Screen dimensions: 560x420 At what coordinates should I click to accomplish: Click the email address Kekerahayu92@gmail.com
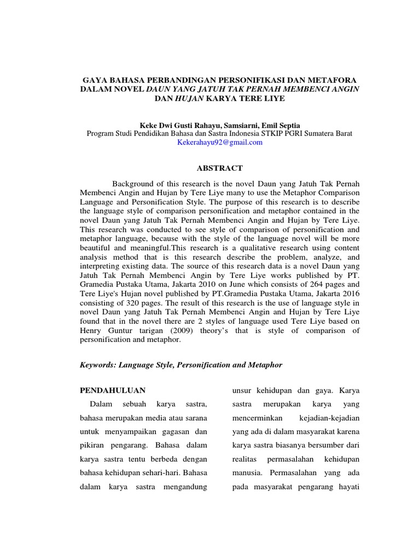pos(219,142)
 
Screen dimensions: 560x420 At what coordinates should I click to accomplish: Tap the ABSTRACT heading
pos(219,168)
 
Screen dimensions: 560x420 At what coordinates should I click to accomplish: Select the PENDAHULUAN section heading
pos(113,390)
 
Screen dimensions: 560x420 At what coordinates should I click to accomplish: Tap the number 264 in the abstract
pos(313,284)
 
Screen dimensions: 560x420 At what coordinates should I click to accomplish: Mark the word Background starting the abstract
pos(135,183)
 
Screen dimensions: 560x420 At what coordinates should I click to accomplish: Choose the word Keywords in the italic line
pos(100,364)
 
